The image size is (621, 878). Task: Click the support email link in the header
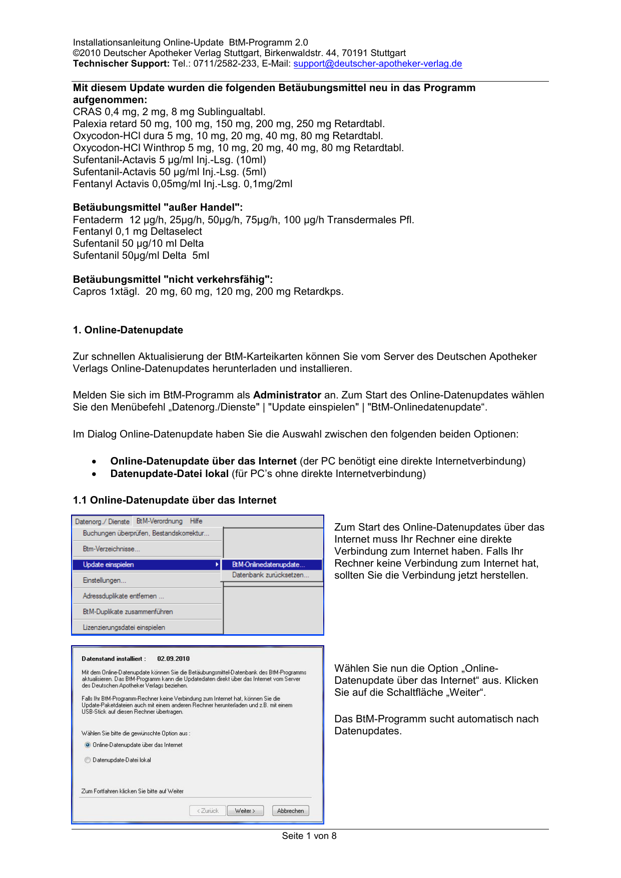click(x=377, y=64)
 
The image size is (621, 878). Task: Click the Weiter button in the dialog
click(x=245, y=810)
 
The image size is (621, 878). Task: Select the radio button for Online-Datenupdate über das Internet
click(x=88, y=745)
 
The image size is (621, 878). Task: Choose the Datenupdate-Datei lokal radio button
click(x=88, y=760)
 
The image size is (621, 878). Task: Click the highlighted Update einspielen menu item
click(x=108, y=565)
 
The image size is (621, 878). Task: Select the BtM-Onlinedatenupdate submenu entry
click(x=268, y=565)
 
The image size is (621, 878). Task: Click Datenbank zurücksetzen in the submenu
click(x=270, y=575)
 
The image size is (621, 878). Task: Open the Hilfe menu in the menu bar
click(x=196, y=521)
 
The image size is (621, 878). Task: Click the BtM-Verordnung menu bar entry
click(x=160, y=521)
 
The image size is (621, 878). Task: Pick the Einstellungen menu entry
click(x=105, y=581)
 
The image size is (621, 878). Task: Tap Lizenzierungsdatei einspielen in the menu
click(x=124, y=627)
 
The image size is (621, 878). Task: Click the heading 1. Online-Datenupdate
click(x=128, y=330)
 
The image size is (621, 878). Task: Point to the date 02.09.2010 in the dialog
click(x=173, y=659)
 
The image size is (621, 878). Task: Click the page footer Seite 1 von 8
click(x=309, y=835)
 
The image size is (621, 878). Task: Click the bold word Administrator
click(x=287, y=395)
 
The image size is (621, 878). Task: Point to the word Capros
click(x=90, y=291)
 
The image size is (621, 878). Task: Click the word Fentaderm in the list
click(x=98, y=220)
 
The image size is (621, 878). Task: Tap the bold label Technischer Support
click(x=121, y=64)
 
